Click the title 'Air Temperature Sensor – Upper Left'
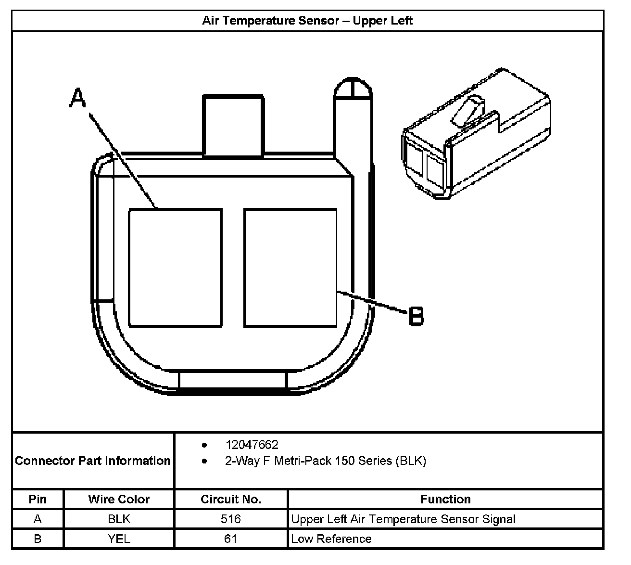(307, 21)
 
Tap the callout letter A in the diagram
(77, 98)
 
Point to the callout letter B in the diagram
(416, 316)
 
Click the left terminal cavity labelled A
(175, 268)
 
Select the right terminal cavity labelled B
(290, 268)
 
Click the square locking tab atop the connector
(233, 125)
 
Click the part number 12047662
(252, 445)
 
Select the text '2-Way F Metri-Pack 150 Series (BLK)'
(325, 461)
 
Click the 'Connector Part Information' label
(93, 461)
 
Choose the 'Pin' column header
(38, 499)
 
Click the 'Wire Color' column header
(119, 499)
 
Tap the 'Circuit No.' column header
(231, 499)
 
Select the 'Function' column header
(445, 499)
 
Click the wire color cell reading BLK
(119, 519)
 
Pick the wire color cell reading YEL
(119, 539)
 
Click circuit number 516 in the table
(231, 519)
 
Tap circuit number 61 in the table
(231, 539)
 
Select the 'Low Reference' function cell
(331, 539)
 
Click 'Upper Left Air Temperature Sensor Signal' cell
(403, 519)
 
